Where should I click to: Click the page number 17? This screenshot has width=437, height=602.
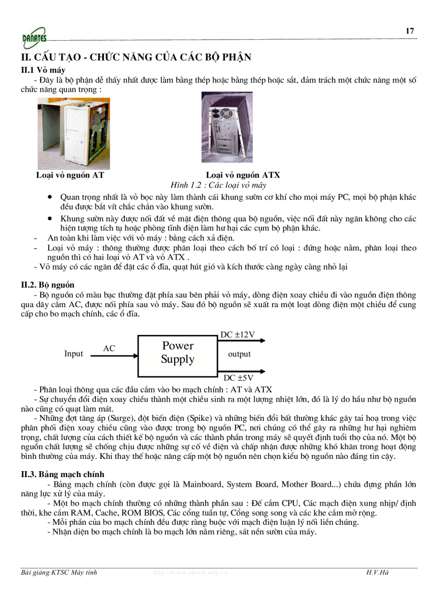click(410, 31)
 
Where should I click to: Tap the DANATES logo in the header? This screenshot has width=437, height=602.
click(34, 38)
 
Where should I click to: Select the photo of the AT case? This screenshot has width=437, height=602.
click(73, 133)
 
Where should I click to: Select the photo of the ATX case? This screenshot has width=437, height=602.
click(227, 128)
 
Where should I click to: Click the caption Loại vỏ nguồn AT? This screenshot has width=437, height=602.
click(70, 175)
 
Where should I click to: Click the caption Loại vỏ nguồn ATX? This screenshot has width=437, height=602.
click(243, 175)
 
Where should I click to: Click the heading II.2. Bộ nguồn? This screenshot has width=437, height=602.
click(48, 285)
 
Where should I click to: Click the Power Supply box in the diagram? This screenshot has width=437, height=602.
click(178, 353)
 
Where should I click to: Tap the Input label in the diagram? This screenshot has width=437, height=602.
click(74, 354)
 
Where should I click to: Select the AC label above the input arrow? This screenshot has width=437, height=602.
click(109, 348)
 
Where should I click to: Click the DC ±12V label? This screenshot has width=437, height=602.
click(237, 335)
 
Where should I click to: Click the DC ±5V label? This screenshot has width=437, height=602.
click(238, 378)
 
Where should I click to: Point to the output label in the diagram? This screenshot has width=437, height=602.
click(239, 354)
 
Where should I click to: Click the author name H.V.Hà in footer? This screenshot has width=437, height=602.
click(377, 573)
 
